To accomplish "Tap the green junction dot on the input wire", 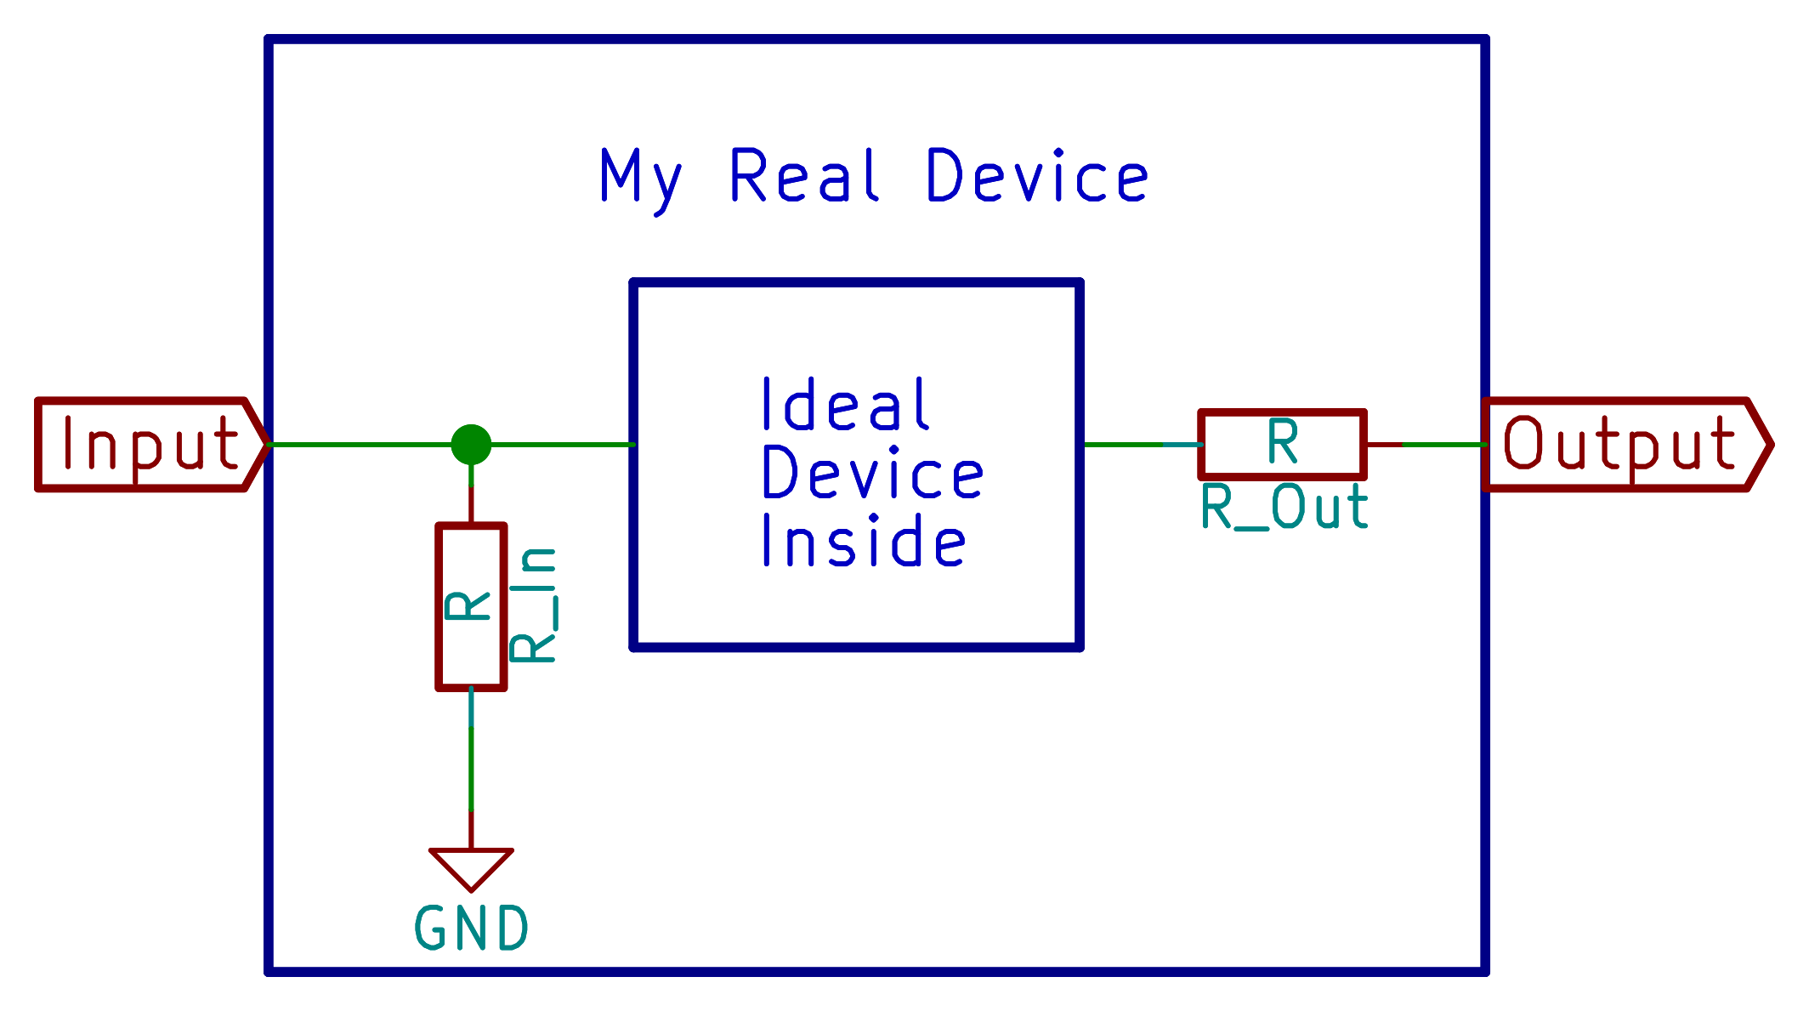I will tap(471, 444).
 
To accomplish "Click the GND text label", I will tap(471, 928).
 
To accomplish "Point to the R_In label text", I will tap(534, 605).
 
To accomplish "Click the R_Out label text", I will tap(1284, 508).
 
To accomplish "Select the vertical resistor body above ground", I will tap(471, 606).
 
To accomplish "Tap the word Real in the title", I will tap(804, 176).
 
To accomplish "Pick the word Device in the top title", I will tap(1037, 176).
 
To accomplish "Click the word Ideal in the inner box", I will tap(845, 405).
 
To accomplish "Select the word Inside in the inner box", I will tap(864, 541).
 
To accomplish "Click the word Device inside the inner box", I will tap(872, 473).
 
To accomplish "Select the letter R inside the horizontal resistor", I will tap(1282, 442).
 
